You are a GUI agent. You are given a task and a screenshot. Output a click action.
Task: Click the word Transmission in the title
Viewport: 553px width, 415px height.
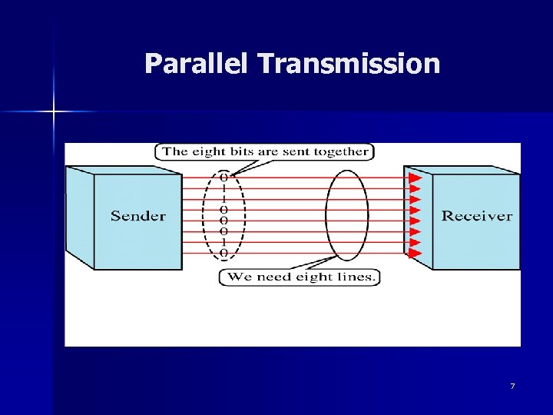[349, 63]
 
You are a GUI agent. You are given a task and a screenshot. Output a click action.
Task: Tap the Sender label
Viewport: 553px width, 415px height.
[138, 216]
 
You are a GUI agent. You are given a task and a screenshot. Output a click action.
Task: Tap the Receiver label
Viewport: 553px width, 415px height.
[476, 216]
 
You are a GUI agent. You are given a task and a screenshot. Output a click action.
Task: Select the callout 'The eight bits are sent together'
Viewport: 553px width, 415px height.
[264, 151]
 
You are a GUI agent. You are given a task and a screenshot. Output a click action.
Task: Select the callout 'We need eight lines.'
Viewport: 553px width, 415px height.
[300, 277]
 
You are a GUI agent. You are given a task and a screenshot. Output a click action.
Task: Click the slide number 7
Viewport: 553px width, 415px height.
[512, 385]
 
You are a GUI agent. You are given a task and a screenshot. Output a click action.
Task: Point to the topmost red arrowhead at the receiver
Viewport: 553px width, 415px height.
[415, 178]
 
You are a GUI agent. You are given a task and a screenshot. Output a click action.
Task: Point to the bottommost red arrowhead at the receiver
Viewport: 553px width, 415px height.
[415, 252]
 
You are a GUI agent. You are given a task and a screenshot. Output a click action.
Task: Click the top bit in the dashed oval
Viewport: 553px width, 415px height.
[224, 176]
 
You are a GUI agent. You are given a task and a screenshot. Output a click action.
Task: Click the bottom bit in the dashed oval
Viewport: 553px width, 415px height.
[224, 253]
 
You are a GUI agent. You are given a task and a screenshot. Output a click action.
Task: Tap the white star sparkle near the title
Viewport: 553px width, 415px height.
[54, 112]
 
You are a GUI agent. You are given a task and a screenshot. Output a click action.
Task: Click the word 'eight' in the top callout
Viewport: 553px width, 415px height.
[207, 151]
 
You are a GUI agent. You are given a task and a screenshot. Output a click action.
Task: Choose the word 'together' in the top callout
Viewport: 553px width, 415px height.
[340, 152]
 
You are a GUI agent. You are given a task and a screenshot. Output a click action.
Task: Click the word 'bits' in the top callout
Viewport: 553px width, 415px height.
[240, 151]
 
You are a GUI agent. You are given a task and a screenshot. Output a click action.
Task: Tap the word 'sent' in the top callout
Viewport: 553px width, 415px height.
[296, 151]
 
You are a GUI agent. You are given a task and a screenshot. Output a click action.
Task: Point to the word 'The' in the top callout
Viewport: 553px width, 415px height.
[175, 151]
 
